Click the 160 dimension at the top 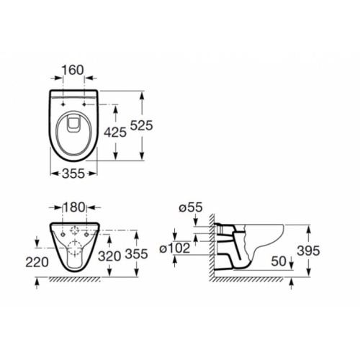[73, 70]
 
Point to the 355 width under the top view [73, 174]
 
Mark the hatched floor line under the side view [252, 279]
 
